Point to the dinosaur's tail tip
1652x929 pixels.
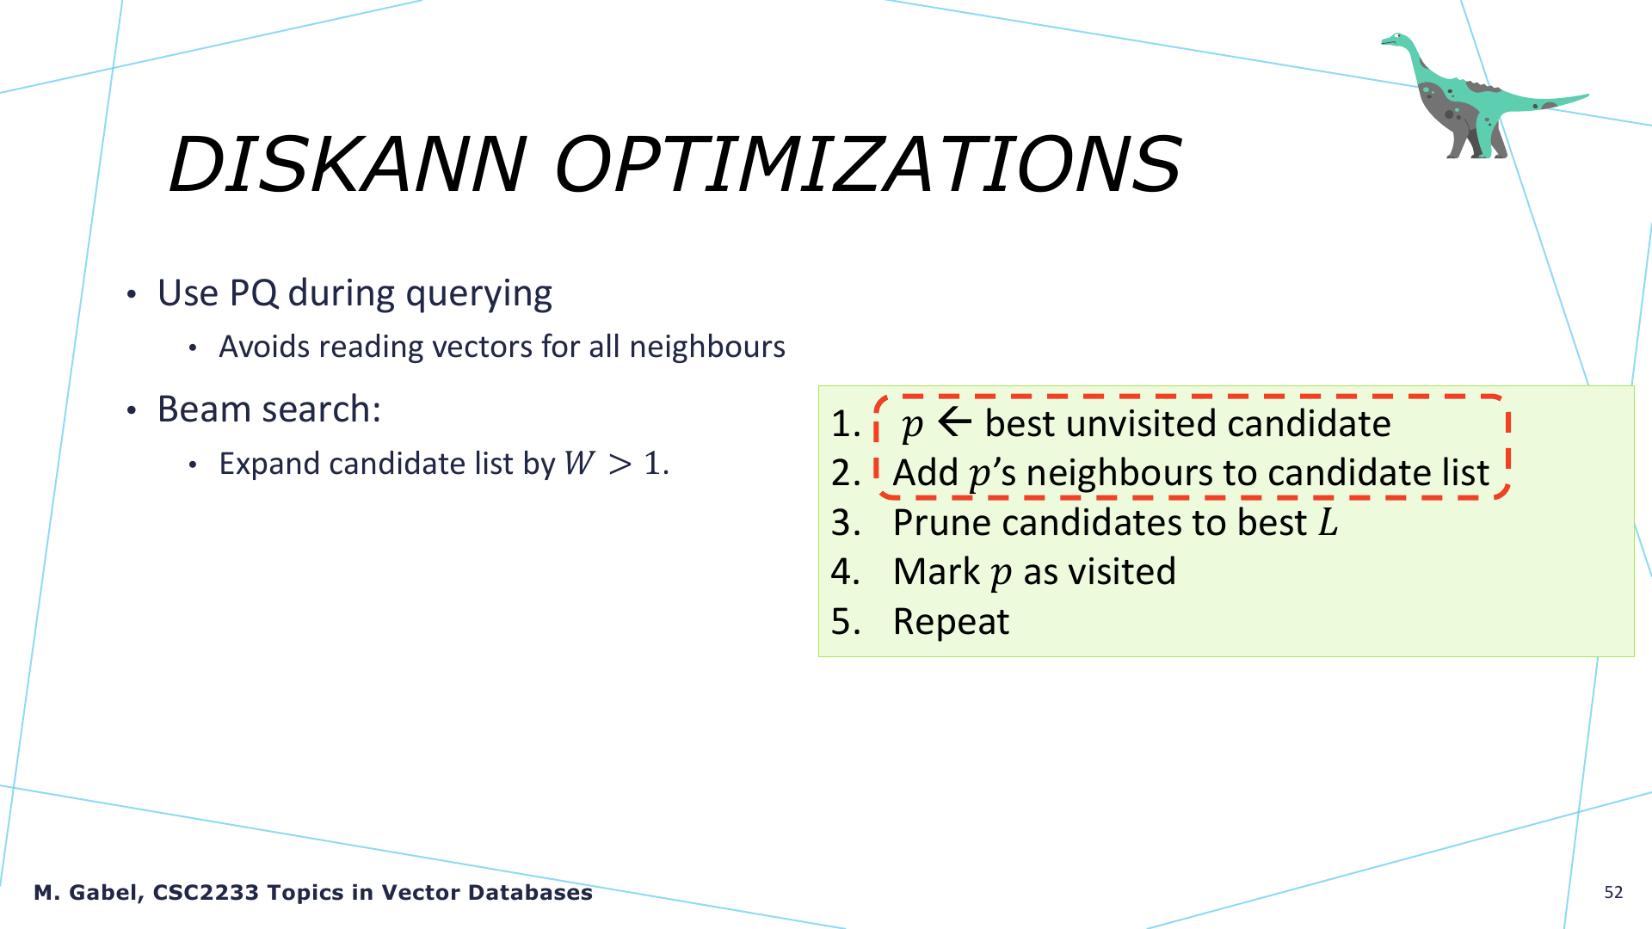pos(1587,95)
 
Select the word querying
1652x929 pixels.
pos(478,295)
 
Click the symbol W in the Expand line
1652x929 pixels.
pos(580,464)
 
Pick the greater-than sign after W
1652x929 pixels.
pos(619,464)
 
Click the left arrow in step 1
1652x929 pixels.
pos(954,422)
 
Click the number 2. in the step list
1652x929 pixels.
pos(846,473)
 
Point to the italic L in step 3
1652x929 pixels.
pos(1329,522)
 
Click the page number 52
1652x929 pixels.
pos(1613,893)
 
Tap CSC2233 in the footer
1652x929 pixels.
pos(206,893)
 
